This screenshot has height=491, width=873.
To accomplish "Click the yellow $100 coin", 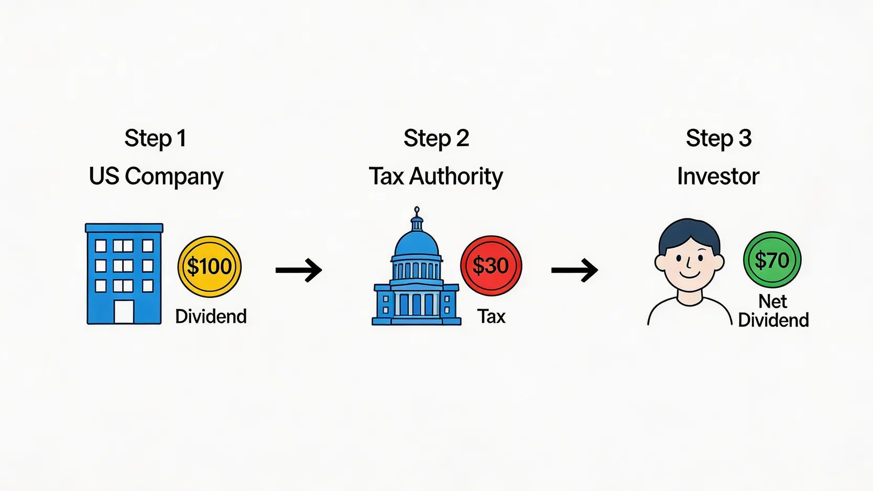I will click(209, 267).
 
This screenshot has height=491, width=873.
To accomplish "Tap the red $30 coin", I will click(491, 266).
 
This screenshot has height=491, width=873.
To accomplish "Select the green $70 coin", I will click(772, 260).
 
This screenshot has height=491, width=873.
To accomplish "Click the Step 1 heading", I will click(155, 139).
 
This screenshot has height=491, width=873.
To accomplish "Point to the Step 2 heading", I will click(436, 139).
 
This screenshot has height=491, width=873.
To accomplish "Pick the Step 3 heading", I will click(718, 139).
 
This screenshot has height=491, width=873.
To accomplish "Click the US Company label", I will click(156, 177).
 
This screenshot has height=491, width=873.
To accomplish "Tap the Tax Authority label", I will click(436, 177).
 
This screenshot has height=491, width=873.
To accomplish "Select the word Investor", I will click(718, 177).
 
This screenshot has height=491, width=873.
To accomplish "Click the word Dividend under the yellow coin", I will click(211, 317).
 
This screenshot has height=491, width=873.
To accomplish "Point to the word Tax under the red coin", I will click(491, 317).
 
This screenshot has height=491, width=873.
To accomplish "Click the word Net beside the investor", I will click(773, 301).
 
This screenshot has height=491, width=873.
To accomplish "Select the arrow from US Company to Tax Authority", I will click(299, 270).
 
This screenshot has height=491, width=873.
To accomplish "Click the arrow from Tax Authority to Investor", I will click(574, 270).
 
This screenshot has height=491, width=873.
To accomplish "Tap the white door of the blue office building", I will click(124, 312).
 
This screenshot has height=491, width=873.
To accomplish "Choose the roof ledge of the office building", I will click(124, 228).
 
